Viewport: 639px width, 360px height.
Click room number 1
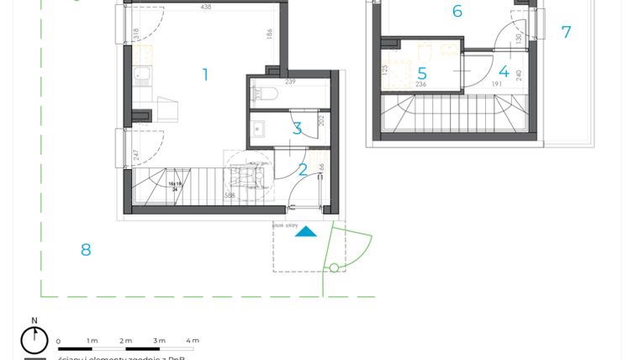click(x=205, y=75)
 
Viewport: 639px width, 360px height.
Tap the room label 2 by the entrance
click(x=303, y=170)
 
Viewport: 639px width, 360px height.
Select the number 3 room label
click(x=297, y=129)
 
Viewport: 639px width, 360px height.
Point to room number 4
click(x=504, y=72)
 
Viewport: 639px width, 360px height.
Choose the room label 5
click(x=422, y=74)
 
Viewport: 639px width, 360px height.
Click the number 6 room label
click(x=457, y=11)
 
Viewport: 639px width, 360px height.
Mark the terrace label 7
click(x=566, y=33)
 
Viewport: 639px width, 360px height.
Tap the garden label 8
click(x=85, y=249)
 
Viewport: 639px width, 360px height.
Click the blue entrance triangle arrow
click(x=306, y=231)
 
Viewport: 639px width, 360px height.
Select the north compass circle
click(x=34, y=341)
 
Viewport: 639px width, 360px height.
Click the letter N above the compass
click(x=34, y=320)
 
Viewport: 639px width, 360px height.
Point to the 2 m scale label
click(x=126, y=341)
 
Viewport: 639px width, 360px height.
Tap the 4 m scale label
click(x=193, y=341)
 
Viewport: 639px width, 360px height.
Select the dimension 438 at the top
click(x=206, y=7)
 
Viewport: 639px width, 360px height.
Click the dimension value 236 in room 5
click(x=420, y=84)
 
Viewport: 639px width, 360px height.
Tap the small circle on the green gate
click(x=334, y=268)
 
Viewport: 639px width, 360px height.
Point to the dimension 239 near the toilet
click(x=290, y=82)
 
